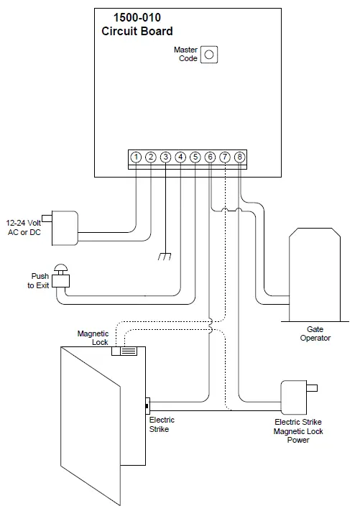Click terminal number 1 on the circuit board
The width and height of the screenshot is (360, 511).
(136, 157)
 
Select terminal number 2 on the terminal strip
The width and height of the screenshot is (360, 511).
(151, 157)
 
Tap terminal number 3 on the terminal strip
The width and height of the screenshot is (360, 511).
(165, 157)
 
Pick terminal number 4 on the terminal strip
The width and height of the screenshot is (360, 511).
(180, 157)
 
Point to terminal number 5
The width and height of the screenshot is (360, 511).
(195, 157)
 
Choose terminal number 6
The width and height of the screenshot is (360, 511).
(210, 157)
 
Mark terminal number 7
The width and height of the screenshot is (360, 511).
(225, 157)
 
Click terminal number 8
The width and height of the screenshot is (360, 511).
(239, 157)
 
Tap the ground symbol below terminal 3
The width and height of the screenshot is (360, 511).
(165, 256)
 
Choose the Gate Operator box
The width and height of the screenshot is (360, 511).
(315, 276)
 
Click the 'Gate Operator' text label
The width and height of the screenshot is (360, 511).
(315, 333)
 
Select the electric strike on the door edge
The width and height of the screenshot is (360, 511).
(147, 406)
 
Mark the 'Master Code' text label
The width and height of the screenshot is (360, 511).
(185, 54)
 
